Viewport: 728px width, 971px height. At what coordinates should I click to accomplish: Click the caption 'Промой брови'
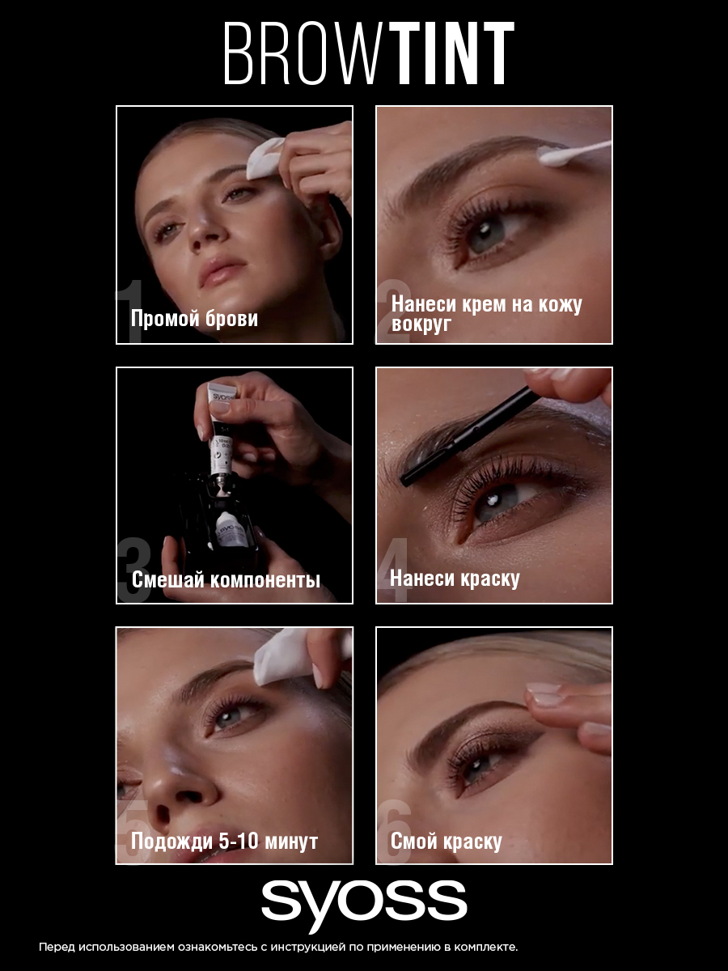pyautogui.click(x=194, y=319)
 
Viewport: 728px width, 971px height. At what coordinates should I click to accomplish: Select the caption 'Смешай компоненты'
pyautogui.click(x=226, y=579)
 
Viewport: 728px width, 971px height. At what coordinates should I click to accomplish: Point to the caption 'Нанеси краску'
pyautogui.click(x=455, y=579)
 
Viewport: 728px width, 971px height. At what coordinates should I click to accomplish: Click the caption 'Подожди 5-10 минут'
pyautogui.click(x=225, y=841)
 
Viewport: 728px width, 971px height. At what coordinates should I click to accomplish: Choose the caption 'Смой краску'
pyautogui.click(x=446, y=841)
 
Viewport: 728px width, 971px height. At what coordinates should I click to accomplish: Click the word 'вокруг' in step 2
pyautogui.click(x=421, y=324)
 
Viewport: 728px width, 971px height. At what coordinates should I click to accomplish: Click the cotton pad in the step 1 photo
pyautogui.click(x=265, y=158)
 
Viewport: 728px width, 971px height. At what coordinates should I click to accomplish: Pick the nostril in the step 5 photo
pyautogui.click(x=163, y=812)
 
